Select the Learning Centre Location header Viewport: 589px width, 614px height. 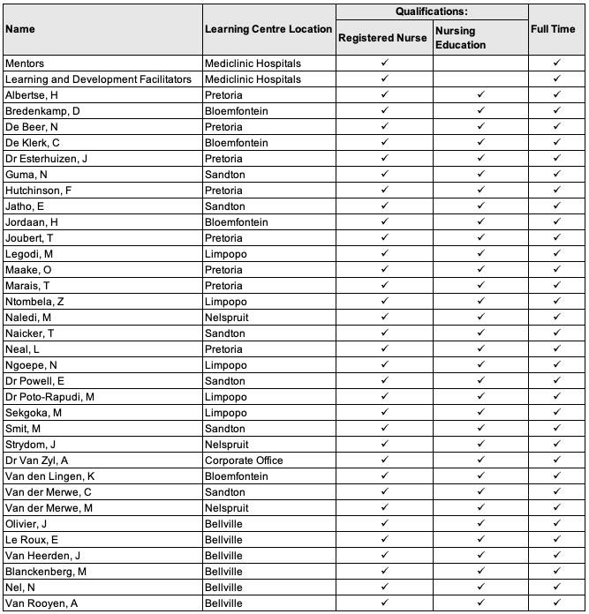[268, 28]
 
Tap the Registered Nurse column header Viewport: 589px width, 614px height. [383, 37]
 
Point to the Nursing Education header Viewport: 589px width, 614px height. [460, 38]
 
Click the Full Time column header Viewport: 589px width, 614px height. [556, 28]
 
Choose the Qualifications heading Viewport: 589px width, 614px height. [431, 11]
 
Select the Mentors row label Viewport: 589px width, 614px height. [25, 64]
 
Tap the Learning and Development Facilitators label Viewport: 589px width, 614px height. [97, 79]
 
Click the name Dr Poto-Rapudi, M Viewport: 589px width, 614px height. [49, 397]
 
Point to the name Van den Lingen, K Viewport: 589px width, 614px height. [49, 476]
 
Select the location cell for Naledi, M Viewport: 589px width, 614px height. [229, 318]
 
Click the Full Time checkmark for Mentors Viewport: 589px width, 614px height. [556, 64]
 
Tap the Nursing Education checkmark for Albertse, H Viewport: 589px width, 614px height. [480, 95]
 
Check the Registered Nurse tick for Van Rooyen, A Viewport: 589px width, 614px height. [384, 603]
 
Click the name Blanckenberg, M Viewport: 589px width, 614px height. [45, 572]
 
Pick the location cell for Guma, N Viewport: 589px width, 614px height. [225, 175]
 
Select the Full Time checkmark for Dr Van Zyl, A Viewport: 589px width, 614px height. [556, 460]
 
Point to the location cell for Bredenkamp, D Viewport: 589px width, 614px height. [237, 111]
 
